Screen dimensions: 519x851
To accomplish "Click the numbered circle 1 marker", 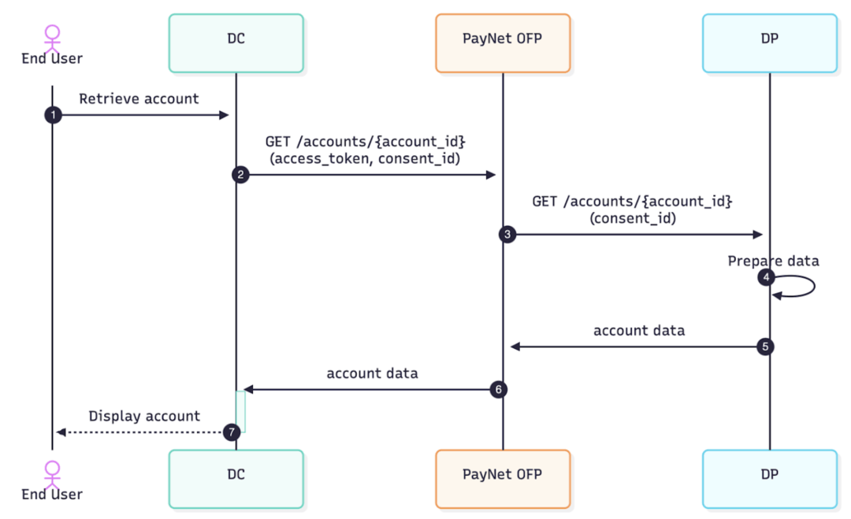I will pos(53,115).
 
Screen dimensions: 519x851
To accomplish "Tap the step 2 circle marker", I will pos(241,175).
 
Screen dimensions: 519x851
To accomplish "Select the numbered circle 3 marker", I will pos(508,234).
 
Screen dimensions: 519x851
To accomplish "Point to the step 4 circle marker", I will pos(764,278).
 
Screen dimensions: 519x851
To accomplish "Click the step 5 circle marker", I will pos(764,346).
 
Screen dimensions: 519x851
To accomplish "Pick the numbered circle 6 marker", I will pos(498,389).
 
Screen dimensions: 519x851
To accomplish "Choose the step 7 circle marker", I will pos(231,432).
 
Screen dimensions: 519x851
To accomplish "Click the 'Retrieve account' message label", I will pos(139,99).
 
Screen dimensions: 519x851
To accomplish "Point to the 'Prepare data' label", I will pos(773,261).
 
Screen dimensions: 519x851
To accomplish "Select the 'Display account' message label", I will pos(144,416).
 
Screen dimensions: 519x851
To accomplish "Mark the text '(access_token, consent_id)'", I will pos(365,159).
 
